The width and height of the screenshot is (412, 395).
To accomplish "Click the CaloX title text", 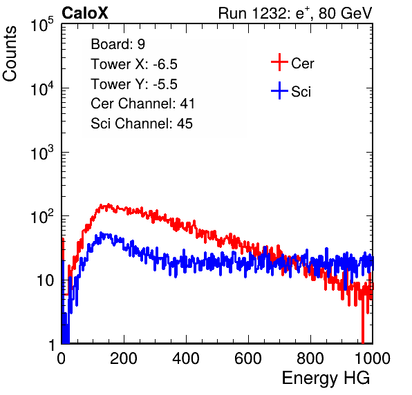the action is point(84,13).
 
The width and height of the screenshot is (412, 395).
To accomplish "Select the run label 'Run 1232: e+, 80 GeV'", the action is point(295,13).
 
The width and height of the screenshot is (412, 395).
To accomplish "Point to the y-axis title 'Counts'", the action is point(10,54).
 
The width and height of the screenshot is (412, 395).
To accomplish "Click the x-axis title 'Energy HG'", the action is point(326,378).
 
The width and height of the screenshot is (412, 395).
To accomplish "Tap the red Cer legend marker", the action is point(279,62).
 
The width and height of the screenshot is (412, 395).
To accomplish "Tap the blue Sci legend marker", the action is point(279,90).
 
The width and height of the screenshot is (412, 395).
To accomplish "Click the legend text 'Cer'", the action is point(302,64).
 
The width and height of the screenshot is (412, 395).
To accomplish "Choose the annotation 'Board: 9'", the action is point(118,44).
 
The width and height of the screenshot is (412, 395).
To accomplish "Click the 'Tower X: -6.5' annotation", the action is point(134,64).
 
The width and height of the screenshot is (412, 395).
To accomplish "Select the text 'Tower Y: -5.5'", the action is point(134,84).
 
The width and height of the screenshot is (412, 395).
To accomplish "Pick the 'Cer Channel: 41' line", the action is point(142,104).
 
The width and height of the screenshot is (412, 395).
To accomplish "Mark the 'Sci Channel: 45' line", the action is point(142,124).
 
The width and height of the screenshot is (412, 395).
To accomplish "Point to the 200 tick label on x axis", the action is point(124,358).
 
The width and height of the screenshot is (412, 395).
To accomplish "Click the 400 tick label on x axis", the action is point(186,358).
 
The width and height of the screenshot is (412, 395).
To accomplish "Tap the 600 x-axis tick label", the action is point(248,358).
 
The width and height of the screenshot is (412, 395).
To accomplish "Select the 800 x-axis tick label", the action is point(310,358).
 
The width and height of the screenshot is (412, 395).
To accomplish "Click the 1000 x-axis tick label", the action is point(373,358).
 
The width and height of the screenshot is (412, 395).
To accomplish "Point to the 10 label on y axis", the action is point(46,281).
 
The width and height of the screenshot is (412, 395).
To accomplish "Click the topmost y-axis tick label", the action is point(42,25).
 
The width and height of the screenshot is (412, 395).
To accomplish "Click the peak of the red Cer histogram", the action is point(109,204).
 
